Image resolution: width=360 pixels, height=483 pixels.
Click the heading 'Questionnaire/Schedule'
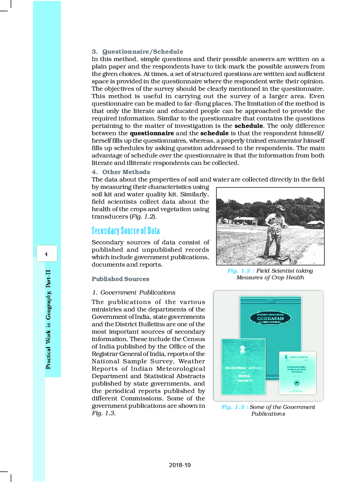click(143, 52)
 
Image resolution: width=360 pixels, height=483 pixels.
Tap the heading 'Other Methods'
click(126, 172)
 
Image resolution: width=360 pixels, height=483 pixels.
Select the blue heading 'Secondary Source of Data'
click(126, 231)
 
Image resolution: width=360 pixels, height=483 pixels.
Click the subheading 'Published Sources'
click(120, 279)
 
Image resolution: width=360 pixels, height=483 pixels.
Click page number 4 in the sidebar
click(46, 254)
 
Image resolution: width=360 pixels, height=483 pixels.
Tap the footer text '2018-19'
click(180, 465)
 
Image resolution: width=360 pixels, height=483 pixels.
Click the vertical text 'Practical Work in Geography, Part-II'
click(48, 319)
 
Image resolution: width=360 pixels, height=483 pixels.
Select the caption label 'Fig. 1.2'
click(239, 271)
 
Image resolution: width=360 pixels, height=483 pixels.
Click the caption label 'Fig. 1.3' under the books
click(233, 407)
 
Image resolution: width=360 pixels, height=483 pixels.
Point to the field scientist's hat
click(280, 208)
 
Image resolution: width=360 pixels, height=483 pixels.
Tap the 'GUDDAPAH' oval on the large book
click(270, 318)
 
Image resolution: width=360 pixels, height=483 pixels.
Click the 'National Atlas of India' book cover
click(244, 367)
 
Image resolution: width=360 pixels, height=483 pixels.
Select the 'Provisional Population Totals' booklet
click(297, 373)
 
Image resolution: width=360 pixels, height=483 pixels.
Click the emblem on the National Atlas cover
click(242, 350)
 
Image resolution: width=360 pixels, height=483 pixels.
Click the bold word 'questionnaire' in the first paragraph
click(152, 133)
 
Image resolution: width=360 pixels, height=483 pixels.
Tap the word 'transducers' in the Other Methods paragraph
click(110, 216)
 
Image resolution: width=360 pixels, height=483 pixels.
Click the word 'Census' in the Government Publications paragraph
click(194, 339)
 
